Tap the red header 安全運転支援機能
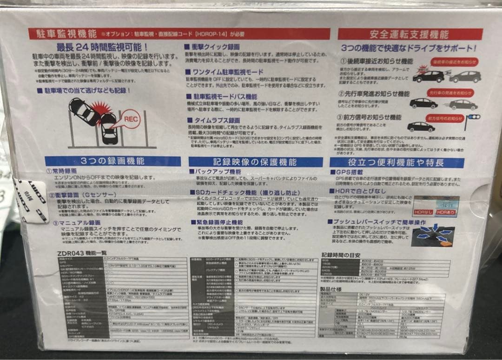click(x=409, y=34)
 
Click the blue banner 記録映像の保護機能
click(x=255, y=162)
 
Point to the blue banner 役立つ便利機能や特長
click(x=396, y=162)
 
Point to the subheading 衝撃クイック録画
click(x=212, y=47)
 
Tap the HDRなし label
click(x=423, y=212)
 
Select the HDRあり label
click(x=447, y=212)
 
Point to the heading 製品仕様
click(x=331, y=289)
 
